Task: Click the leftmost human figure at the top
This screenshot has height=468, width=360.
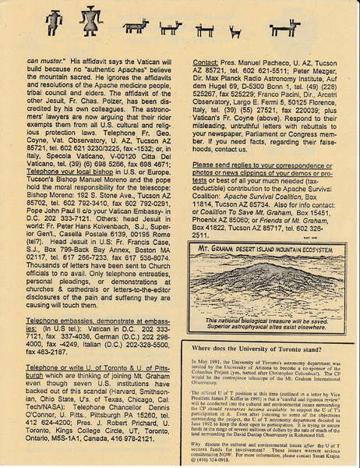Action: tap(53, 21)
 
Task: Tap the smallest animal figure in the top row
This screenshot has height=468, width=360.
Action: tap(235, 32)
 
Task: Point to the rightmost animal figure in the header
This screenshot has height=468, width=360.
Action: tap(284, 28)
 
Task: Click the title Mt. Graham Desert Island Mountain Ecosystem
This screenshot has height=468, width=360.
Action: tap(269, 250)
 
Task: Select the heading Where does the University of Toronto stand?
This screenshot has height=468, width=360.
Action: tap(261, 349)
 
